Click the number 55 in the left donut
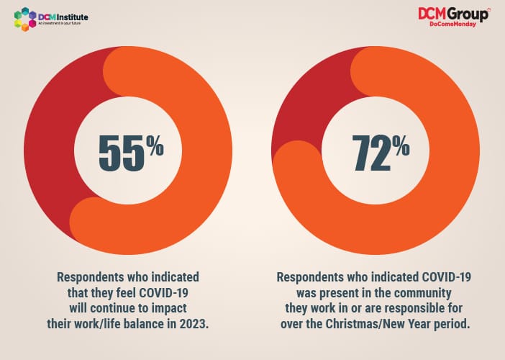tap(121, 152)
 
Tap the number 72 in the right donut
tap(369, 152)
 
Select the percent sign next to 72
tap(401, 147)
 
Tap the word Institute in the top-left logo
tap(75, 15)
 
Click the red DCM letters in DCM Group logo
tap(435, 14)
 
